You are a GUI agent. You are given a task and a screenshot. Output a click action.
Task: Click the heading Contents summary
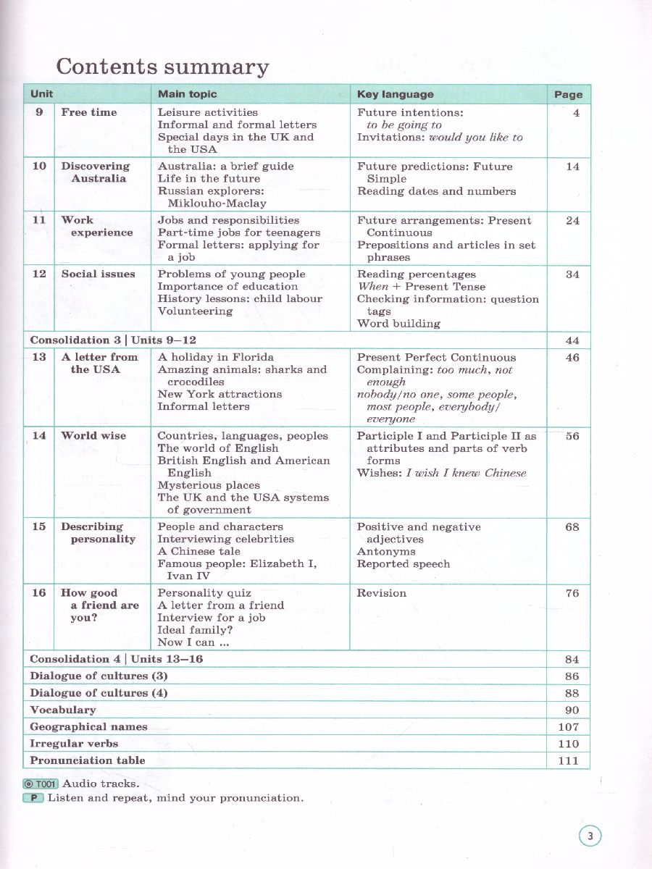pos(162,67)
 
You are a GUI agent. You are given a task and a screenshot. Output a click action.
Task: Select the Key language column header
pos(396,94)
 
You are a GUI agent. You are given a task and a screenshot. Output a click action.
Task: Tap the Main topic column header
pos(187,94)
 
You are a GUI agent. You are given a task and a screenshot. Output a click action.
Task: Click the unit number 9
pos(39,112)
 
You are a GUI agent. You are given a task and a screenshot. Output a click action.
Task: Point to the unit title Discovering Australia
pos(95,172)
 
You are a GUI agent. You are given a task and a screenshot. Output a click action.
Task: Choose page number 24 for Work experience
pos(572,221)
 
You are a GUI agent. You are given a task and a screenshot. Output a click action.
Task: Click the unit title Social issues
pos(98,274)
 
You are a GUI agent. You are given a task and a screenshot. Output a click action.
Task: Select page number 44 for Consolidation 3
pos(572,340)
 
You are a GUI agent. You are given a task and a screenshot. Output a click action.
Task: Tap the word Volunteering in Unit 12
pos(195,311)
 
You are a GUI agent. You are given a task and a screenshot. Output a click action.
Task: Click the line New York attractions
pos(220,395)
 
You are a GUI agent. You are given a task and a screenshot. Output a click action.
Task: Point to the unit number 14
pos(39,436)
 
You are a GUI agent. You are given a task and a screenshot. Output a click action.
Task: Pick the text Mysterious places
pos(209,485)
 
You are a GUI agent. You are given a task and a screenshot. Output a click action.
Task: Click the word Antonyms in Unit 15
pos(386,552)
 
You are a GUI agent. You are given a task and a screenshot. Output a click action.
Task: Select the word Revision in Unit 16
pos(382,593)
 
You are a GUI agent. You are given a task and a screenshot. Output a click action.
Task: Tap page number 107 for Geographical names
pos(569,727)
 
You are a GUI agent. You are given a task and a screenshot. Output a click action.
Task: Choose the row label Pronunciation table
pos(88,760)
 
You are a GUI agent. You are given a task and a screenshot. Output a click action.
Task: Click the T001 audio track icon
pos(41,784)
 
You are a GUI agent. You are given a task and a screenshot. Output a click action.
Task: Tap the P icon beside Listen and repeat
pos(33,798)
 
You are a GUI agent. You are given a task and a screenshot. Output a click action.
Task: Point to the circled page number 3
pos(590,837)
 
